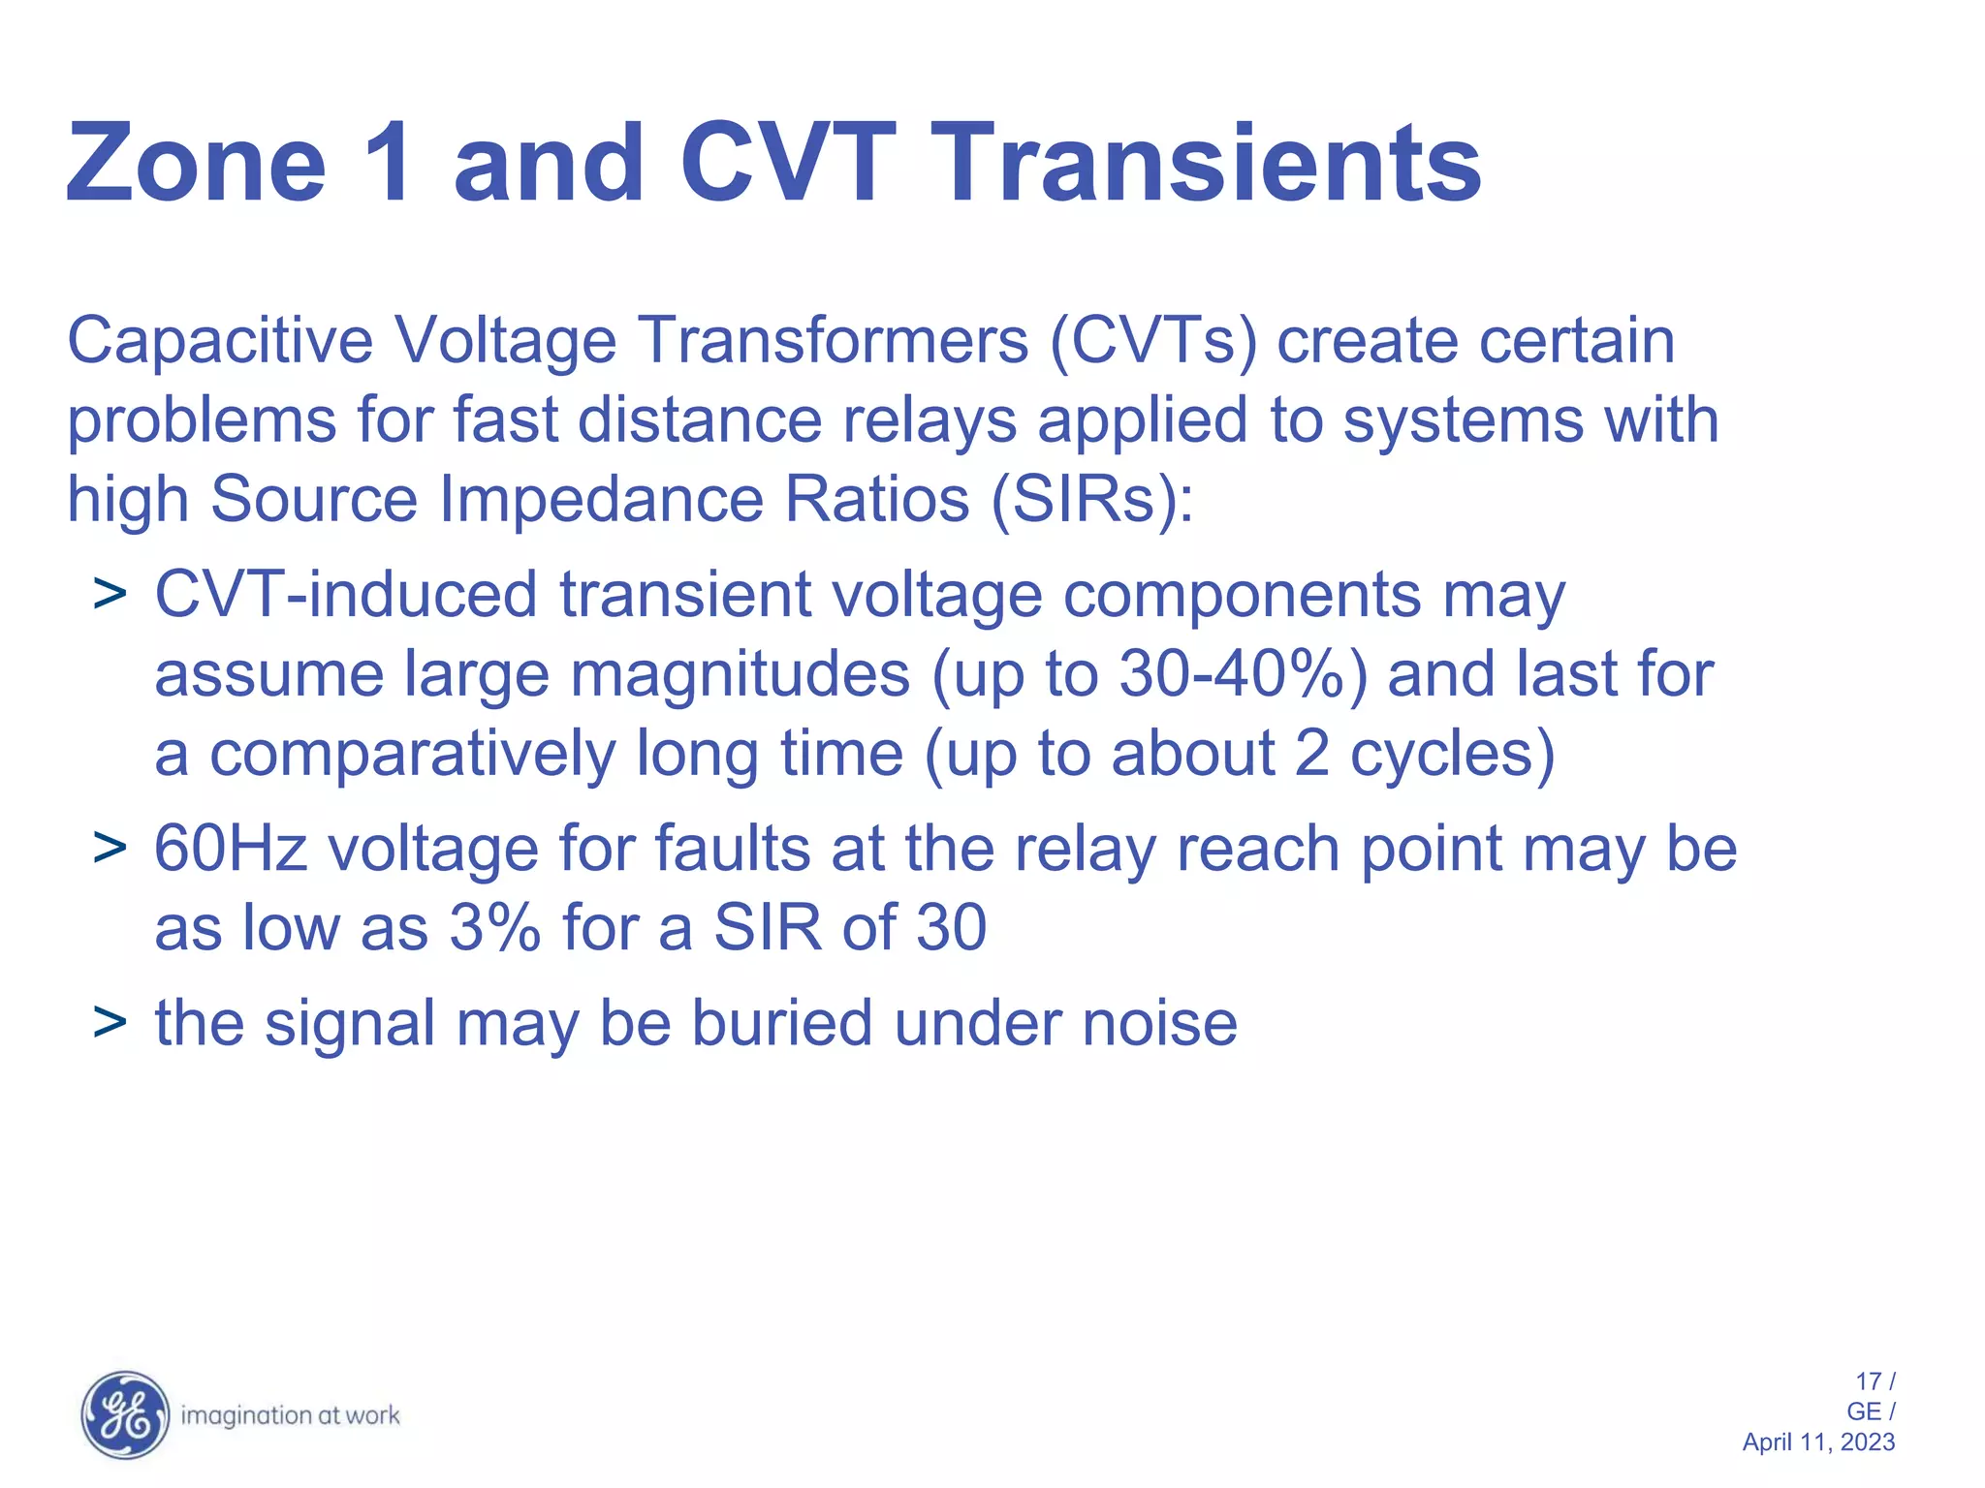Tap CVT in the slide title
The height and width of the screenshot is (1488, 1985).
[787, 165]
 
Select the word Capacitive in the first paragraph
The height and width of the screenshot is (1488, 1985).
[219, 341]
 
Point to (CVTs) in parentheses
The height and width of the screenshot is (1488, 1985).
[1153, 341]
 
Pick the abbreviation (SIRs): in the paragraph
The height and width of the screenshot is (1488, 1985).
[1092, 500]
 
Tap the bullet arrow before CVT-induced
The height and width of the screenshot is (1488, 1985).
[110, 593]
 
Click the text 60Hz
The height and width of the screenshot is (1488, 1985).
[231, 849]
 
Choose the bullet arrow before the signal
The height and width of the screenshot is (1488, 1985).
[110, 1023]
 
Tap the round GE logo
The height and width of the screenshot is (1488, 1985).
[124, 1415]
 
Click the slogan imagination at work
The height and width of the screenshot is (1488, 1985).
[291, 1416]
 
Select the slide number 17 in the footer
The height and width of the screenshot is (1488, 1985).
[1867, 1381]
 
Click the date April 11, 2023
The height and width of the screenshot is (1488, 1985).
[1817, 1442]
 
